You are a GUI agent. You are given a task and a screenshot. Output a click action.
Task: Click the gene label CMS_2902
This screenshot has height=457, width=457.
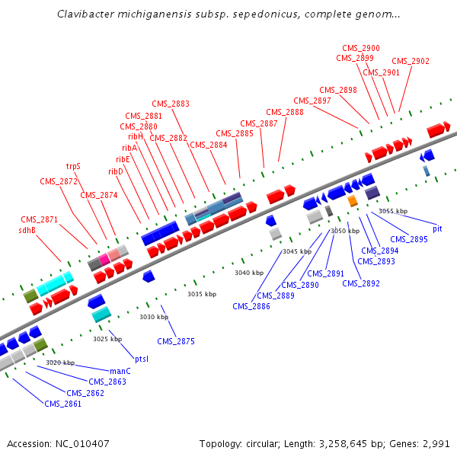(x=411, y=62)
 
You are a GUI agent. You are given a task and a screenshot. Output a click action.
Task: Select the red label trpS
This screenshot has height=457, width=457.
(x=73, y=165)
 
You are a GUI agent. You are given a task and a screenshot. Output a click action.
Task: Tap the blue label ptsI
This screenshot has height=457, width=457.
(x=141, y=358)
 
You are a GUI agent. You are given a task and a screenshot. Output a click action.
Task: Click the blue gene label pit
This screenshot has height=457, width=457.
(x=437, y=228)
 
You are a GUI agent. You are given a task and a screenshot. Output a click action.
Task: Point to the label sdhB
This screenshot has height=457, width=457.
(x=27, y=229)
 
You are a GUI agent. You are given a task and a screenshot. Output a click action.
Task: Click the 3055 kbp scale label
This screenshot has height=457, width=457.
(x=393, y=211)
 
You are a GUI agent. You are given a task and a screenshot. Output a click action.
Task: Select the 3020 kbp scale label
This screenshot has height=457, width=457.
(x=60, y=363)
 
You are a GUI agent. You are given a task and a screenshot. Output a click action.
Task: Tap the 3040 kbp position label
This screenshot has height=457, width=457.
(x=248, y=272)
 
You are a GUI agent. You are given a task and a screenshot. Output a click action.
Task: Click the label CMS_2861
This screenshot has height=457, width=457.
(x=62, y=404)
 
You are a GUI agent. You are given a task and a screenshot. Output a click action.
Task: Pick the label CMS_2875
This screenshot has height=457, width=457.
(x=176, y=341)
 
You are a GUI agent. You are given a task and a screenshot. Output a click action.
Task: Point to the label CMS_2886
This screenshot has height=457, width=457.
(x=251, y=306)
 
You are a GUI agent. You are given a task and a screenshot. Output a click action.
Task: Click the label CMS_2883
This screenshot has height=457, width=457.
(x=171, y=104)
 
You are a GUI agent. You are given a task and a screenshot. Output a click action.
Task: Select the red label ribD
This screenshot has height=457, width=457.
(x=116, y=171)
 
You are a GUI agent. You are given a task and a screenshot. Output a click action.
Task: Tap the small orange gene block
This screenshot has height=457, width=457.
(x=353, y=201)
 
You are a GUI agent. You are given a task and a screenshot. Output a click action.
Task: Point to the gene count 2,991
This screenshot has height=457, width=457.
(x=434, y=443)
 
